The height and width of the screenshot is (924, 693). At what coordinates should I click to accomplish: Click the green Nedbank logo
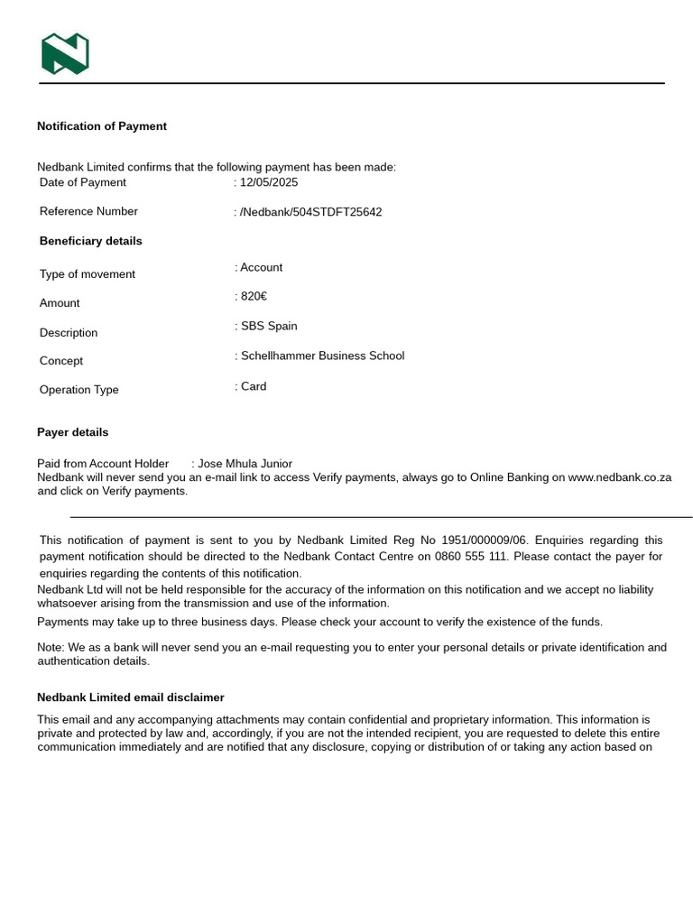pos(65,54)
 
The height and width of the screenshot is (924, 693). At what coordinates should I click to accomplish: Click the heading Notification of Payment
pos(102,126)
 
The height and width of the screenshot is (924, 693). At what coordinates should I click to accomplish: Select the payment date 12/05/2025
pos(269,182)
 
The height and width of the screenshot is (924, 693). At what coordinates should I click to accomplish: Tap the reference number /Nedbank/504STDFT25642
pos(310,212)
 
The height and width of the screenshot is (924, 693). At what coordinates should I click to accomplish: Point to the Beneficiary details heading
pos(90,241)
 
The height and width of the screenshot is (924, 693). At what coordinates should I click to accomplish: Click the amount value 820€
pos(254,297)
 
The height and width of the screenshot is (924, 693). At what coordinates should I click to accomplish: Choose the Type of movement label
pos(88,274)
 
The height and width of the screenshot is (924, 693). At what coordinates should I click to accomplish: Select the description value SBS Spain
pos(269,327)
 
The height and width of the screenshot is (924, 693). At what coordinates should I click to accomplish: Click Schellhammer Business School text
pos(322,356)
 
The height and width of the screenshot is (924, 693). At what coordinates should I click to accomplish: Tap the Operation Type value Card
pos(254,386)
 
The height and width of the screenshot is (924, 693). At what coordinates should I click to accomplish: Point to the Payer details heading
pos(73,432)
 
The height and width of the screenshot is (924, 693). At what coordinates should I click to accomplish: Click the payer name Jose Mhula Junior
pos(245,464)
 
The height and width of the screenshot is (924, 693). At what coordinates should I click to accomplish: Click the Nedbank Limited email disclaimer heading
pos(131,698)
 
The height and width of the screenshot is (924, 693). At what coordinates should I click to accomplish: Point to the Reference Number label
pos(88,212)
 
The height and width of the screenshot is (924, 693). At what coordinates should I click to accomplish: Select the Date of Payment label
pos(83,182)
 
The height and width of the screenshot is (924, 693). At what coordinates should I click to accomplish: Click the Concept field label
pos(61,361)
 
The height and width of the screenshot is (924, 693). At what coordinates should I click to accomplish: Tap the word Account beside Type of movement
pos(261,268)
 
